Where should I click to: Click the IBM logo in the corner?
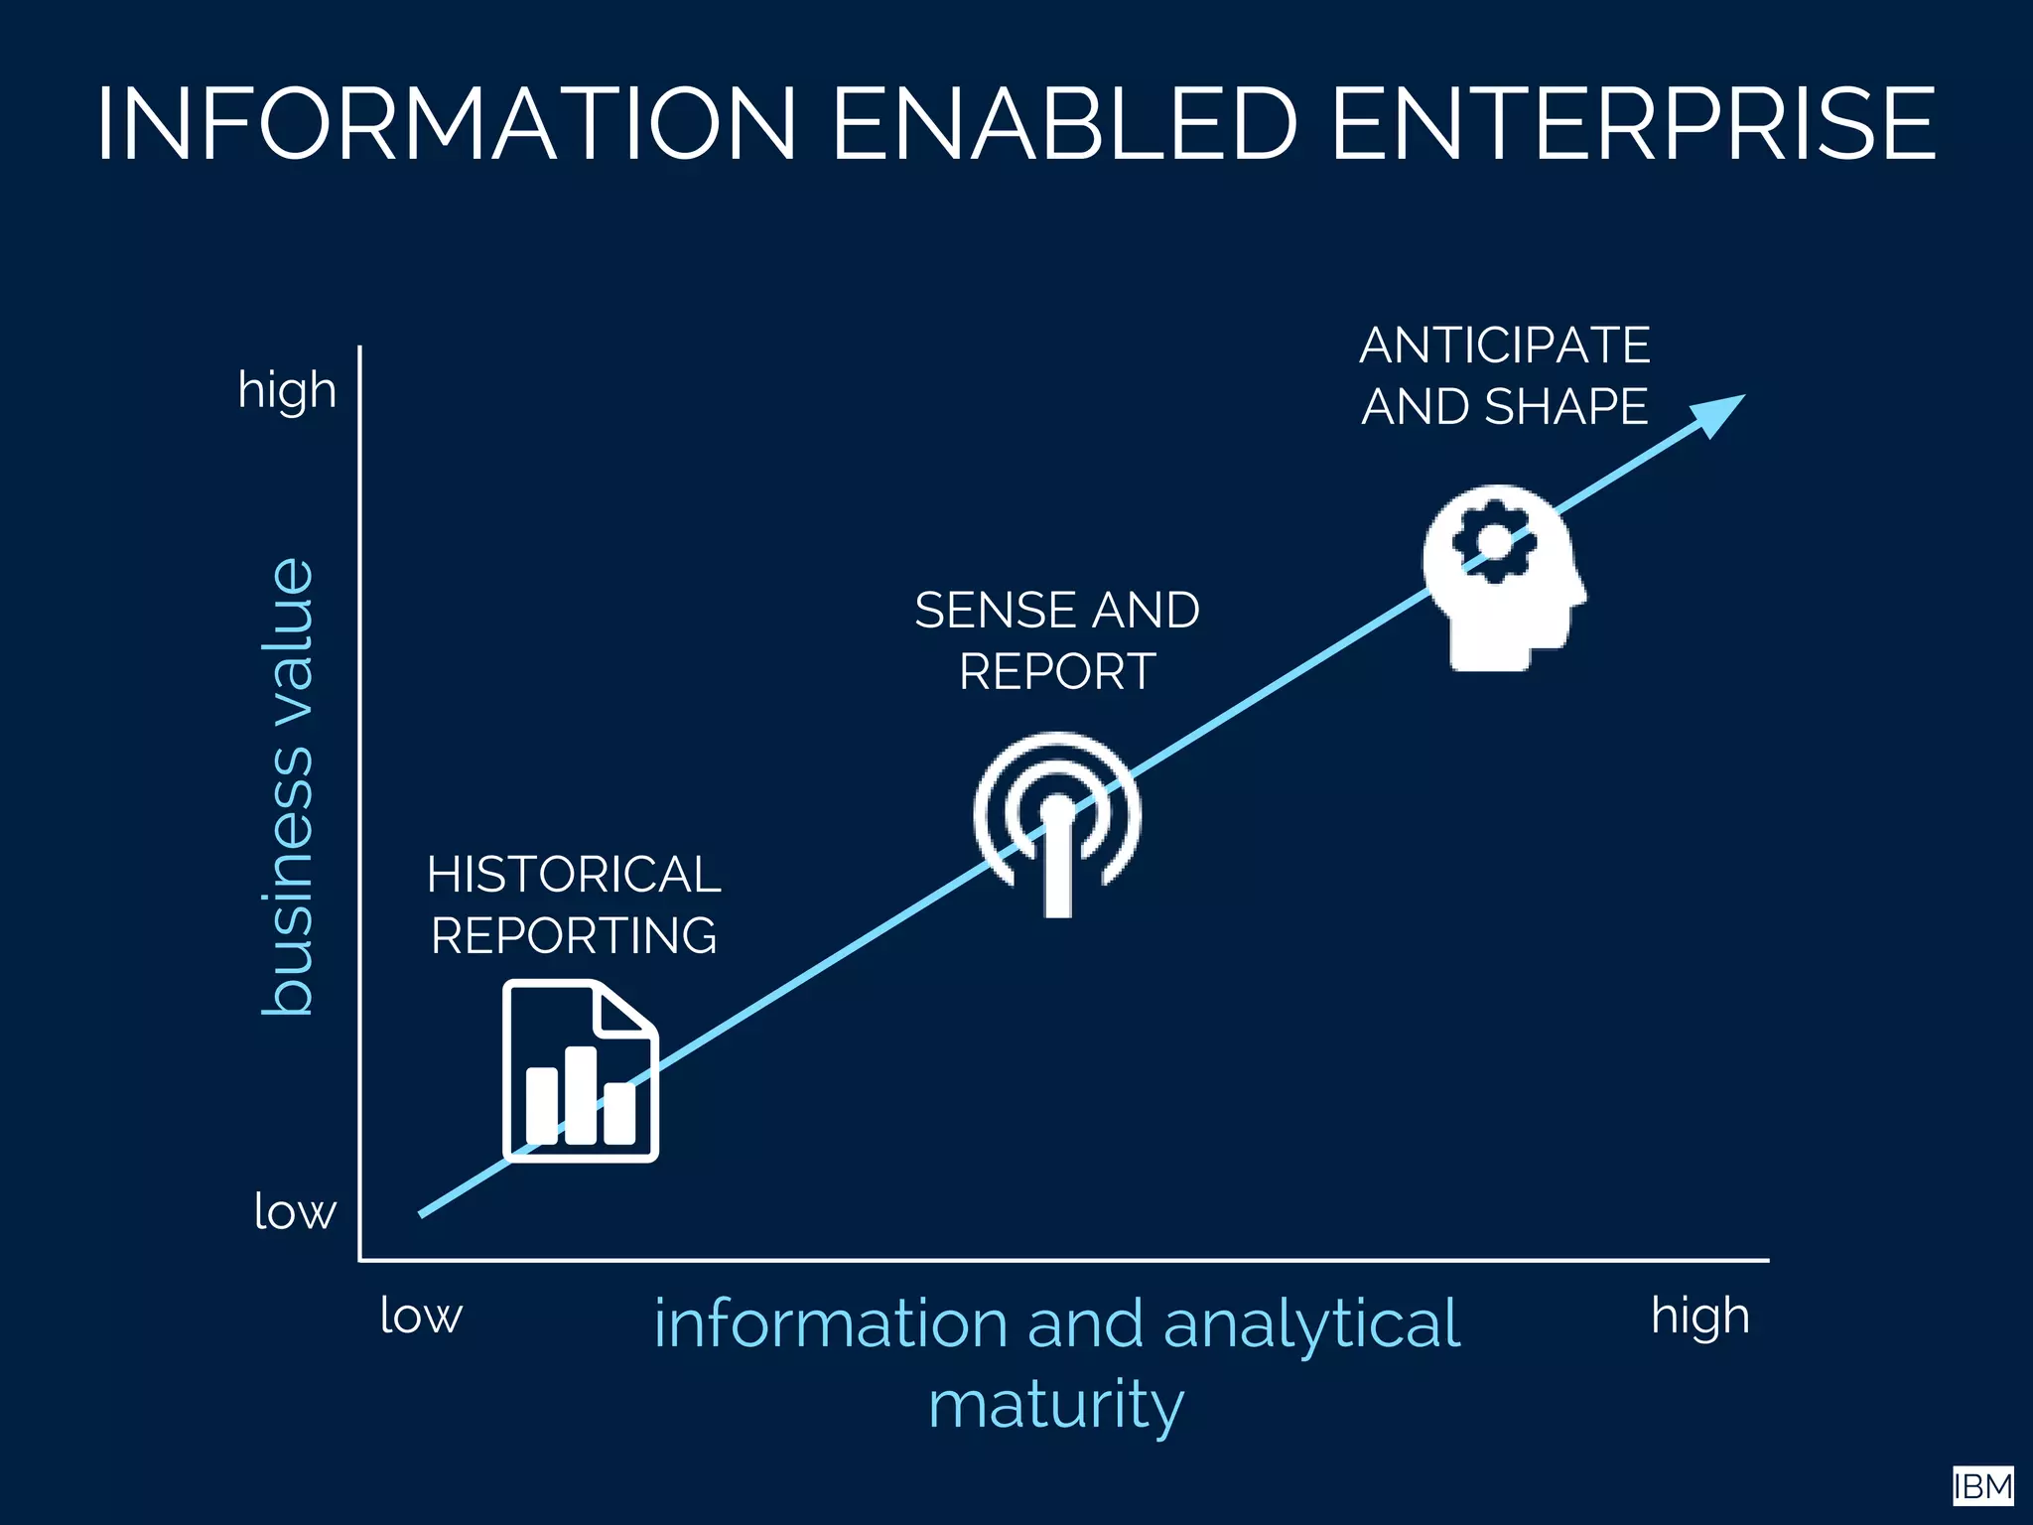1982,1486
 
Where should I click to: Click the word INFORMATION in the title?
446,123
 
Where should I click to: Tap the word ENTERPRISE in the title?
1633,123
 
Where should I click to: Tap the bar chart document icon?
581,1070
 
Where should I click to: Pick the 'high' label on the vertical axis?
287,389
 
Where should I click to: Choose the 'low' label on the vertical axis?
295,1211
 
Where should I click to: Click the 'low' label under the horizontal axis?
421,1316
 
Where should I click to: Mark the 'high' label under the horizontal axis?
1699,1316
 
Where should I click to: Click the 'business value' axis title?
288,786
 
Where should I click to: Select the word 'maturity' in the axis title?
1056,1404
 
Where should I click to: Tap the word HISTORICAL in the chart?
574,875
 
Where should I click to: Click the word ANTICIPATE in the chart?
1505,346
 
